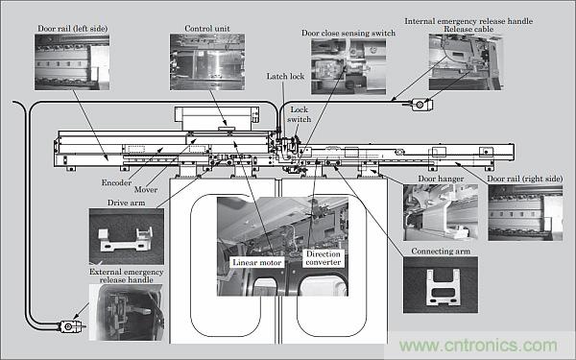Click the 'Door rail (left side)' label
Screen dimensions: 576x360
coord(72,29)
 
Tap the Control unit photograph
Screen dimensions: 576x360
coord(207,62)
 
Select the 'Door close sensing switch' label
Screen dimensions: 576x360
coord(348,33)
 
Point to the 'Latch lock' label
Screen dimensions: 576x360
coord(285,77)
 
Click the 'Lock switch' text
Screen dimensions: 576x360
coord(299,114)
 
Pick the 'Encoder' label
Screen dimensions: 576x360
coord(116,182)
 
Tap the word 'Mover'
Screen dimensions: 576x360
coord(146,189)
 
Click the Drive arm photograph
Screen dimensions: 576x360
coord(127,236)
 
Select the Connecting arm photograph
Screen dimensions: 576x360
coord(441,285)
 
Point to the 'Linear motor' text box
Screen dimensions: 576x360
coord(257,262)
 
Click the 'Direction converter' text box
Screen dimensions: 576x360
coord(324,258)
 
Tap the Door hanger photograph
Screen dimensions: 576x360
coord(441,212)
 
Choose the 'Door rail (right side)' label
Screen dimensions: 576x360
coord(525,179)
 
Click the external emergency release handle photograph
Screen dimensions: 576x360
coord(127,312)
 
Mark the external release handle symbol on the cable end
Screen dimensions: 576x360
coord(70,326)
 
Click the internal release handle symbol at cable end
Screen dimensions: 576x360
coord(420,105)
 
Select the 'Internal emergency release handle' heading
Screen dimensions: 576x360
coord(468,21)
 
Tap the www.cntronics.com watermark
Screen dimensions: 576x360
coord(478,346)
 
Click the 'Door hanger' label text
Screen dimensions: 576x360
coord(441,179)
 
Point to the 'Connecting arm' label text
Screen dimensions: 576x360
coord(441,252)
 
